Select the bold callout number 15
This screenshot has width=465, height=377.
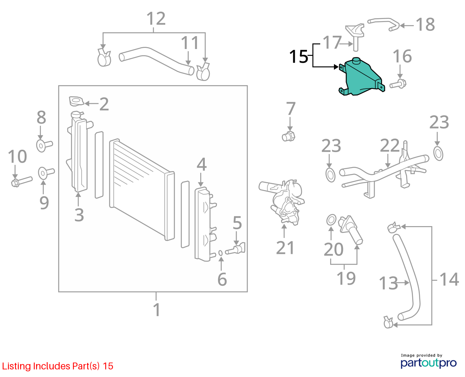tap(299, 57)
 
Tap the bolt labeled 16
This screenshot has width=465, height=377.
tap(398, 84)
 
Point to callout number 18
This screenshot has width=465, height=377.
tap(425, 24)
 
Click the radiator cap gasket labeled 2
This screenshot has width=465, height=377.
tap(76, 101)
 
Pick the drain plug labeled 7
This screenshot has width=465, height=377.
tap(288, 136)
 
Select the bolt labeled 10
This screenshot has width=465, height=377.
tap(22, 181)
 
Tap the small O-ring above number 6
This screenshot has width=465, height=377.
tap(220, 253)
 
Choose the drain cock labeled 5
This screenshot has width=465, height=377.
tap(235, 249)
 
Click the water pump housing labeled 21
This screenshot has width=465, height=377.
tap(283, 202)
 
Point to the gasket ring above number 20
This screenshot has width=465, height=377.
tap(331, 220)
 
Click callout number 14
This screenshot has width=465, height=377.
tap(449, 279)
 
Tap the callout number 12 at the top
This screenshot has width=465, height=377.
tap(156, 19)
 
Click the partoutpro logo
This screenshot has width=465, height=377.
tap(428, 362)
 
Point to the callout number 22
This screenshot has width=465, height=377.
tap(390, 145)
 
